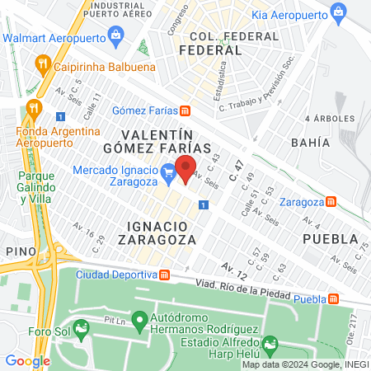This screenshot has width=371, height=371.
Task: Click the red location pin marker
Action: [x=186, y=168]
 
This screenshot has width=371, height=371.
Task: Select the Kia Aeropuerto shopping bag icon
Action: [x=337, y=12]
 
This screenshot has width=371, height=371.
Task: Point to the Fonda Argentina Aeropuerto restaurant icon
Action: [x=32, y=106]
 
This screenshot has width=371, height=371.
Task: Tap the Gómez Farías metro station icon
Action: [x=186, y=111]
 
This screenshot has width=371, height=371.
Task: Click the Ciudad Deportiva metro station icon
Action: [x=164, y=275]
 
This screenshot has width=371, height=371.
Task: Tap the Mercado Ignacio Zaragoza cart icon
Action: [x=168, y=171]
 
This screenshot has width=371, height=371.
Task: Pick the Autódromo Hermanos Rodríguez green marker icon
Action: [x=139, y=318]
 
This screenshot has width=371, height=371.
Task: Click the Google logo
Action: [x=28, y=360]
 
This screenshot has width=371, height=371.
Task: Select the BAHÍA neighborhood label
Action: [x=310, y=143]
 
